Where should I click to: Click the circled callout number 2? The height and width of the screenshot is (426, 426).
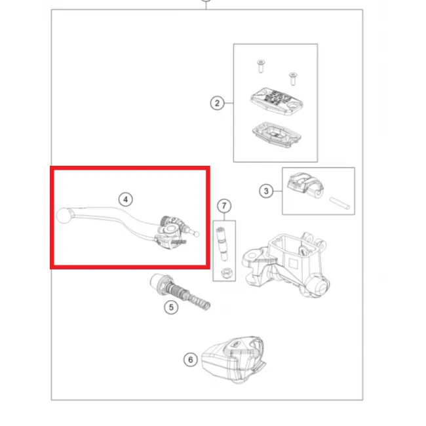(x=217, y=103)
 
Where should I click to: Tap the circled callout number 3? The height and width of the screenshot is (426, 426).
(x=266, y=191)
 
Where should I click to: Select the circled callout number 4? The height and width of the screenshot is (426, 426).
(x=126, y=199)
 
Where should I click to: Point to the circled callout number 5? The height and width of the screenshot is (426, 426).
(x=171, y=307)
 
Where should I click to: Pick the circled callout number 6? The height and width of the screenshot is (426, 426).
(x=191, y=360)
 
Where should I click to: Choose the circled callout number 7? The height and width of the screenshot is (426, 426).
(x=224, y=206)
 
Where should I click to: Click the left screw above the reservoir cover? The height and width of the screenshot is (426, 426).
(x=261, y=67)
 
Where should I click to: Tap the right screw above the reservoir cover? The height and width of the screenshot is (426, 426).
(x=292, y=79)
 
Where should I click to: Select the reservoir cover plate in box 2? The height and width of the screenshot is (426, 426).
(x=277, y=102)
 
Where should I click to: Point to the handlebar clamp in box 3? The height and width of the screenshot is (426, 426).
(x=305, y=184)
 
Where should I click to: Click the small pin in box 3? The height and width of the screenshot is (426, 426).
(x=339, y=203)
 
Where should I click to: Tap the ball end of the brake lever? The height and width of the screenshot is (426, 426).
(x=64, y=216)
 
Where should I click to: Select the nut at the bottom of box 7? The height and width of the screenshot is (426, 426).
(x=225, y=273)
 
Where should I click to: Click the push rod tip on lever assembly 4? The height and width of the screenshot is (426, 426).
(x=196, y=234)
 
